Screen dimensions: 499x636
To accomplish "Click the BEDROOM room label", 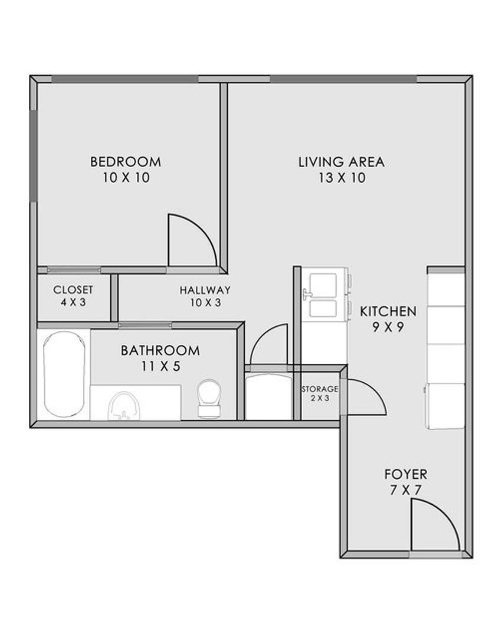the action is pos(126,162).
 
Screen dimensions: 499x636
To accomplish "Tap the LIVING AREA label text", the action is pos(342,162).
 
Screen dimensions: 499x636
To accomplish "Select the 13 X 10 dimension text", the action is pos(342,178).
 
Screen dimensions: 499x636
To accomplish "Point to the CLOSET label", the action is pos(73,290).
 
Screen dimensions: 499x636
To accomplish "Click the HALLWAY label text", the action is pos(205,290).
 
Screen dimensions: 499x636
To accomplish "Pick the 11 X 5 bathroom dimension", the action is pos(160,366).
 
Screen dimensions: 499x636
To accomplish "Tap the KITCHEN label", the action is pos(388,312).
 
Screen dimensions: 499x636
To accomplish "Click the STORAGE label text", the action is pos(320,389).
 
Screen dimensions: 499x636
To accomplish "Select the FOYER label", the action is pos(406,474).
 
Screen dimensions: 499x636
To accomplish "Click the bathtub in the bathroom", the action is pos(64,374).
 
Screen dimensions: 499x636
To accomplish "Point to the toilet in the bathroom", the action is pos(209,398).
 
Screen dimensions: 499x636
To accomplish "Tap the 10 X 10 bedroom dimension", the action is pos(126,178).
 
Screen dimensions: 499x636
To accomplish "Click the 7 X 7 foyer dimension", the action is pos(405,490).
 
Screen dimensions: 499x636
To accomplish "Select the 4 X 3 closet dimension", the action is pos(73,302).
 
